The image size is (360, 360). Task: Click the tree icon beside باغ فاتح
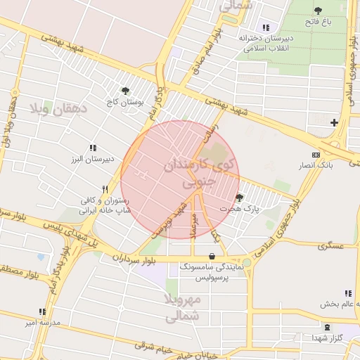point(319,11)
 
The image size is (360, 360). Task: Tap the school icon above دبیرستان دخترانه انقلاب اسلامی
point(266,27)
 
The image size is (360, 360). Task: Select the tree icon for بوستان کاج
point(126,91)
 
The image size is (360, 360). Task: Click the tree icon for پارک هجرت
point(240,198)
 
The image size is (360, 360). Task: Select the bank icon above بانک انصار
point(316,155)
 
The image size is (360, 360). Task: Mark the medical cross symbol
point(334,123)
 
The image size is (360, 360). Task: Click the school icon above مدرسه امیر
point(42,311)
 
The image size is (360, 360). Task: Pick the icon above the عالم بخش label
point(348,293)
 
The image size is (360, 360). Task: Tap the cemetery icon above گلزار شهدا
point(326,327)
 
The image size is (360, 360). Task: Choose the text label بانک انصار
point(315,165)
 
